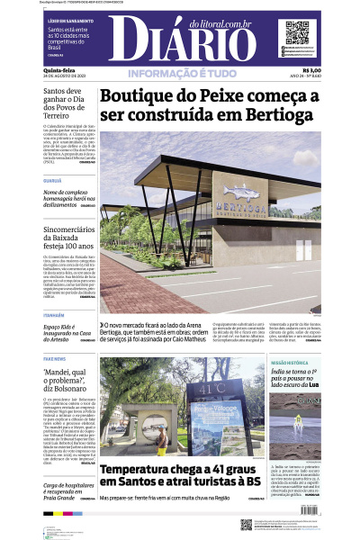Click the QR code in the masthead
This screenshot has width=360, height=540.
[297, 32]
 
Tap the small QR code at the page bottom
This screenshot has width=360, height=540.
[247, 524]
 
